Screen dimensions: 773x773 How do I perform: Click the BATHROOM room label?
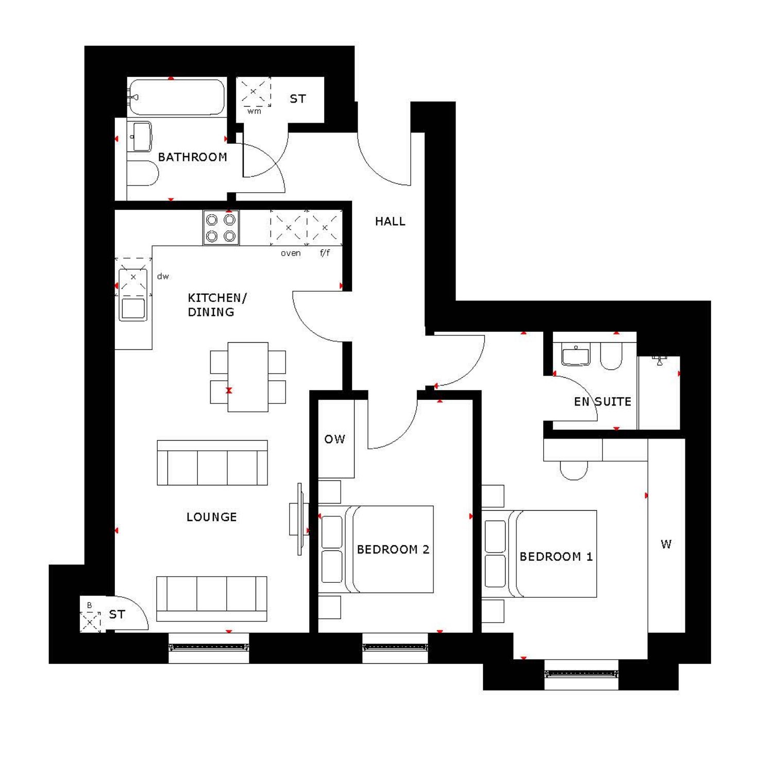192,157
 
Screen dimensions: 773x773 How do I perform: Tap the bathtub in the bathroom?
176,97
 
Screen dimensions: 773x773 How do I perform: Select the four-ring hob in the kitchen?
221,228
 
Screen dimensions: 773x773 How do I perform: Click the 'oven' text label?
291,253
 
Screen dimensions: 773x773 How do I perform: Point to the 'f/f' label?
325,253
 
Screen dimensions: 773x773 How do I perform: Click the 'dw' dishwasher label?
163,276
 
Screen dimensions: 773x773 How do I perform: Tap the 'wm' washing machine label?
254,111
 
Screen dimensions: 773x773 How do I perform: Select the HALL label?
390,222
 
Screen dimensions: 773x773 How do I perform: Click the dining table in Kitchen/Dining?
248,377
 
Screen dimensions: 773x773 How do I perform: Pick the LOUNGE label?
212,517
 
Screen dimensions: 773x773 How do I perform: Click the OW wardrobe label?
334,439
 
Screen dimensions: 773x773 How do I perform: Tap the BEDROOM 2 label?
393,549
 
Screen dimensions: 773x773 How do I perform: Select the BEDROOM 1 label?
556,557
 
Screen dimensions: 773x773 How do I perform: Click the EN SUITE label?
602,401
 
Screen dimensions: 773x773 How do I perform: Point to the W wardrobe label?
666,544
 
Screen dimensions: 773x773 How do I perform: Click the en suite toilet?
611,356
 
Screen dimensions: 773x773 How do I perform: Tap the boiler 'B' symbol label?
89,605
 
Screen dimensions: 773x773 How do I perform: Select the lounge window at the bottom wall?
209,647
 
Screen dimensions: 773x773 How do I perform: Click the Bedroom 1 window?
581,674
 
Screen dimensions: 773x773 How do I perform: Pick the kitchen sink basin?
133,309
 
